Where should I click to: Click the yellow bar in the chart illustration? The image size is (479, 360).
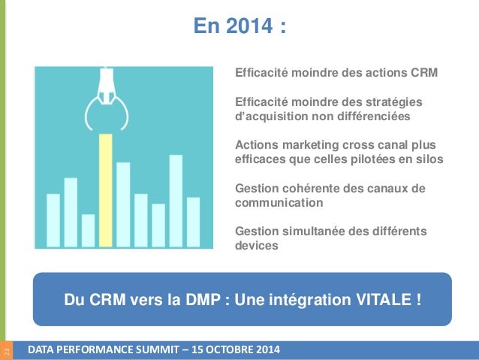tap(106, 190)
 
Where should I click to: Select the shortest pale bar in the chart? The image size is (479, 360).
tap(89, 231)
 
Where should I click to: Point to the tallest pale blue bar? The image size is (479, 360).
tap(176, 201)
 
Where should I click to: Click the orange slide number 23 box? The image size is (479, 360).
tap(7, 350)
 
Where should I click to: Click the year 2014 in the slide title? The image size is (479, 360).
tap(249, 26)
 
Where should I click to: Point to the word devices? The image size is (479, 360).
tap(257, 245)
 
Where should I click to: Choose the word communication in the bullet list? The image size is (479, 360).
tap(279, 202)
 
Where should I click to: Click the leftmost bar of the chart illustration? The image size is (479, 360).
tap(53, 220)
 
